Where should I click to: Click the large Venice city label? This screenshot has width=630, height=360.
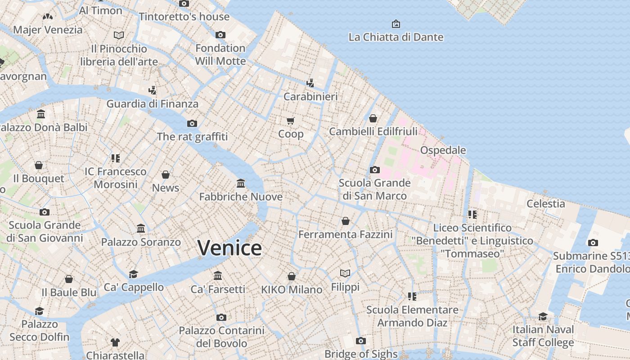coord(229,248)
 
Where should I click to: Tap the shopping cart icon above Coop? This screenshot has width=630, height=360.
coord(291,121)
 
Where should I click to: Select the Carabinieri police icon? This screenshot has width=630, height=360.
coord(310,83)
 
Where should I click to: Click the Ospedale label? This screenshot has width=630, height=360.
coord(443,150)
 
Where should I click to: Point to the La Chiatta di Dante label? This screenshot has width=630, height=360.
coord(396,37)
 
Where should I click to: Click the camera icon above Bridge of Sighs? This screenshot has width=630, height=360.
coord(360,341)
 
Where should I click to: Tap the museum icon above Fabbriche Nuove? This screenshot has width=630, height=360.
coord(241,183)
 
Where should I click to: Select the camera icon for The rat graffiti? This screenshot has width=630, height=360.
coord(192,123)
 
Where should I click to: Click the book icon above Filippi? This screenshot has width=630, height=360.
coord(345,273)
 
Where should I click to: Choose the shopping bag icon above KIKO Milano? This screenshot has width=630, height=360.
coord(292,276)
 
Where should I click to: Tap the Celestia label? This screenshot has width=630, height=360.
coord(546,203)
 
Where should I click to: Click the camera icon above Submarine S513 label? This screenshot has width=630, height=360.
coord(593,243)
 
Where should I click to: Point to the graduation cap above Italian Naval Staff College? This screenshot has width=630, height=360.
coord(543,316)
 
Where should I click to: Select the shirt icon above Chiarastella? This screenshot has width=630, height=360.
coord(115,342)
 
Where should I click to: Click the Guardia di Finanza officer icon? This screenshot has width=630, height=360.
coord(152,90)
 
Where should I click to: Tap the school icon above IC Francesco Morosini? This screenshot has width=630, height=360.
coord(116,158)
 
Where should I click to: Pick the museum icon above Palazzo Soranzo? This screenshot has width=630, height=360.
coord(141,228)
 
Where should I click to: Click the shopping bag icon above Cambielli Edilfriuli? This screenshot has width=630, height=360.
coord(373,118)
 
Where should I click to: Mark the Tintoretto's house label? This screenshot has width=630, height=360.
coord(184,17)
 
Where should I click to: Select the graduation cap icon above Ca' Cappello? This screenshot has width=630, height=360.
coord(134,274)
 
